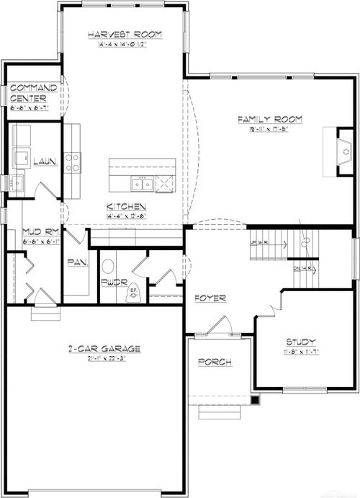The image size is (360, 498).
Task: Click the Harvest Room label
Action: tap(124, 34)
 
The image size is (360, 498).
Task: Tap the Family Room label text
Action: tap(270, 119)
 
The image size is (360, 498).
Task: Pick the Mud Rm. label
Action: tap(40, 232)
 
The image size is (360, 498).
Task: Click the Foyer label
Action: tap(210, 298)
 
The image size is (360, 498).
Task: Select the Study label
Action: tap(300, 342)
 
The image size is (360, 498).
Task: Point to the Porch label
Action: tap(215, 362)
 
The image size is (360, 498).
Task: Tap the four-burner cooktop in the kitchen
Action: tap(73, 162)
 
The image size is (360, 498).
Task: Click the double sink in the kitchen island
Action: tap(140, 184)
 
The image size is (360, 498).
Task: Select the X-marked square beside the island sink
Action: tap(165, 184)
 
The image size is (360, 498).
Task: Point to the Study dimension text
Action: tap(300, 351)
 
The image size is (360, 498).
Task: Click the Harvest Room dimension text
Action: tap(124, 43)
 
